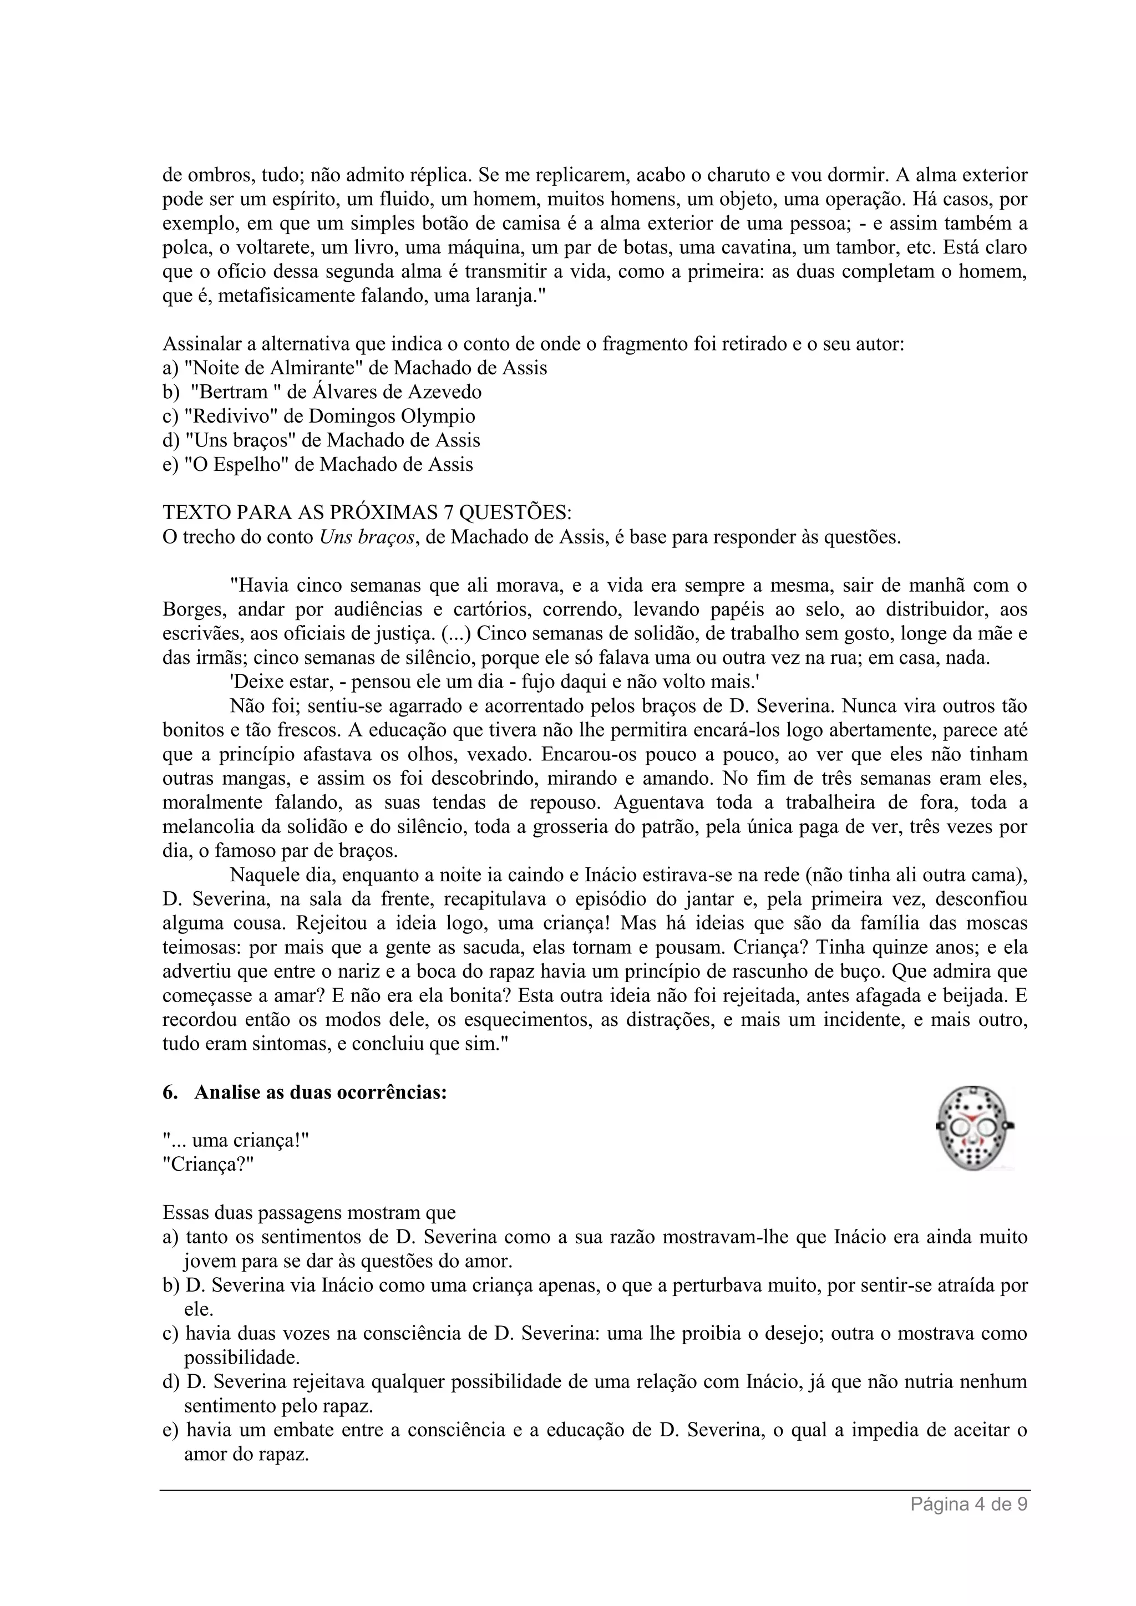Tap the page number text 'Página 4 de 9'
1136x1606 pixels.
point(969,1505)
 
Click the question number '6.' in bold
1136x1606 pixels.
point(170,1092)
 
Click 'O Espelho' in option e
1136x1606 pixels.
point(236,465)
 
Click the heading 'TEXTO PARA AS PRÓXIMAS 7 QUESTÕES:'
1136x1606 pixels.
point(367,513)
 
